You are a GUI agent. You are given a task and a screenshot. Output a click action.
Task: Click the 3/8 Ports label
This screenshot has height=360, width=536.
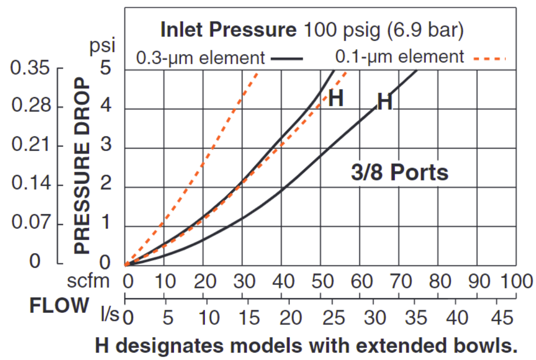[400, 173]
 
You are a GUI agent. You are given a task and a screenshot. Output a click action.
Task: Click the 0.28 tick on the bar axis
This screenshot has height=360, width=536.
[30, 107]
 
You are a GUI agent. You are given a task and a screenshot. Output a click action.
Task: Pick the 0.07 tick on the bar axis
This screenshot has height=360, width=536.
[30, 225]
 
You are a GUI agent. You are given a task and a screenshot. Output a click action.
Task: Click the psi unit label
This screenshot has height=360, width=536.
[102, 46]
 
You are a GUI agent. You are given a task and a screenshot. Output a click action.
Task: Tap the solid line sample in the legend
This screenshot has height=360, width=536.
[286, 58]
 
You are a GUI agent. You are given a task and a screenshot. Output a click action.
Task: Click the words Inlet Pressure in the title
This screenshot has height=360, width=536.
[228, 30]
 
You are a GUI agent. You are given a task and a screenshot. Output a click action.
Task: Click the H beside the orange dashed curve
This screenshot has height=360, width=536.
[336, 99]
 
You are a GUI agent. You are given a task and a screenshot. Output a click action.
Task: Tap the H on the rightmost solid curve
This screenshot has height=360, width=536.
[385, 103]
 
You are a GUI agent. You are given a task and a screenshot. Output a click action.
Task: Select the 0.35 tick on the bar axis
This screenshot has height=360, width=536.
[30, 68]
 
